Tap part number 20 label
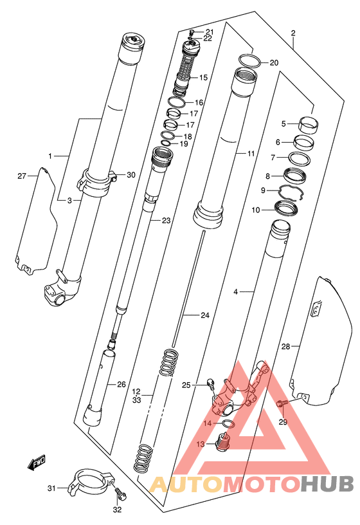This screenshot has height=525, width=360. tap(274, 62)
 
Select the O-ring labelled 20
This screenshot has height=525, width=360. tap(250, 60)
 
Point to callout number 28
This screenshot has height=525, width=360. tap(285, 347)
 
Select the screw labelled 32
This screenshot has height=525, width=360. tap(121, 493)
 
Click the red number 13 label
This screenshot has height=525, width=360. tap(201, 445)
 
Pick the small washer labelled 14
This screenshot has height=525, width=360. tap(229, 424)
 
